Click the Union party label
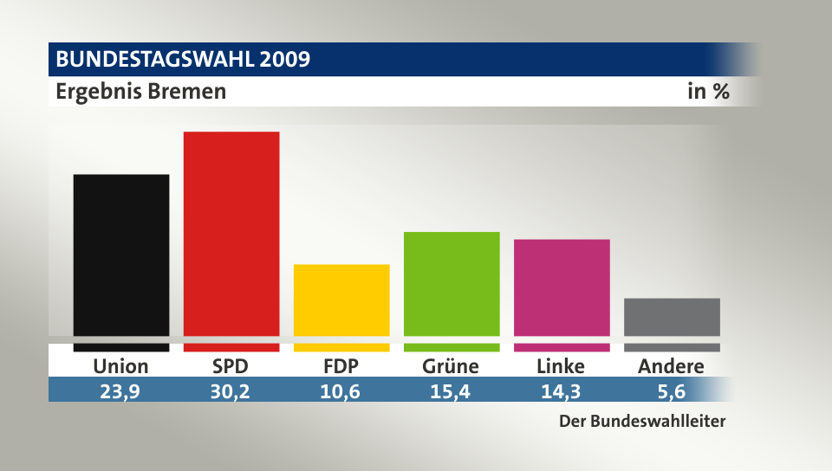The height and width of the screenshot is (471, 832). (x=120, y=366)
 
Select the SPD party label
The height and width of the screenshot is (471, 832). (x=231, y=366)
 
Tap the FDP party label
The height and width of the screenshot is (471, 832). (x=341, y=366)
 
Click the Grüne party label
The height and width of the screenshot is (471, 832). (x=451, y=366)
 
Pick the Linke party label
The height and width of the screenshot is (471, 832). (x=561, y=366)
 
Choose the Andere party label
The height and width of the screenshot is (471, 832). (x=671, y=366)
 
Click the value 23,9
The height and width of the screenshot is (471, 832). (x=120, y=390)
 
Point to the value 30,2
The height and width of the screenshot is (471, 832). (x=231, y=390)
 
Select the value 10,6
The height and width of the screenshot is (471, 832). (x=341, y=390)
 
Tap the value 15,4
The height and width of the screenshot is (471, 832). (x=451, y=390)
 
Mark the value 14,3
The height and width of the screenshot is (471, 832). (x=561, y=390)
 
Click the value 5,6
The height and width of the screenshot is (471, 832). (x=671, y=390)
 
